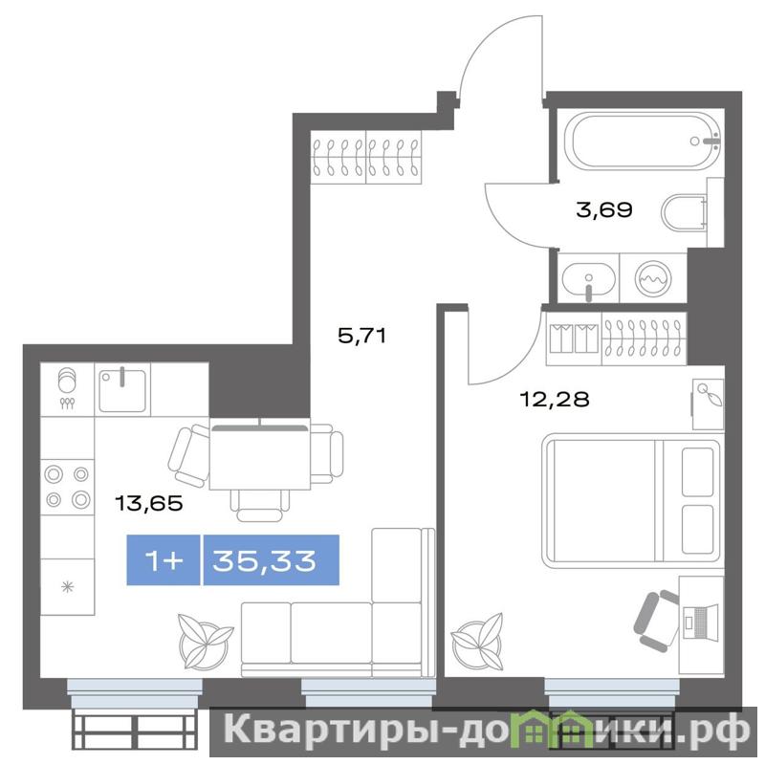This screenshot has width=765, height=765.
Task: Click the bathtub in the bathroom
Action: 643,142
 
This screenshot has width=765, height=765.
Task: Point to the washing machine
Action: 653,278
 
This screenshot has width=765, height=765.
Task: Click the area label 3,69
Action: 604,209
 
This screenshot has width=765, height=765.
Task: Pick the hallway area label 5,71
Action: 362,336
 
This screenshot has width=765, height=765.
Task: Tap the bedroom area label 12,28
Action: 555,399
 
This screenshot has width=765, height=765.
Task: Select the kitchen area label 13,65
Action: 149,503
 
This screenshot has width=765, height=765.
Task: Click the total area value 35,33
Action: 264,560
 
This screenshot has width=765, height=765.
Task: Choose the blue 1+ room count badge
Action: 164,560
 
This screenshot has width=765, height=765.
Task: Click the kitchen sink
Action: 122,390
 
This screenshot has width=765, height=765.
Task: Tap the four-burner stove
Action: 67,487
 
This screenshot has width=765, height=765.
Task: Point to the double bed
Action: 633,500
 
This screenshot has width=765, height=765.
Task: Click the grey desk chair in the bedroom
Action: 656,621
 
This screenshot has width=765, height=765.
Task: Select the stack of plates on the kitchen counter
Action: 67,380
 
